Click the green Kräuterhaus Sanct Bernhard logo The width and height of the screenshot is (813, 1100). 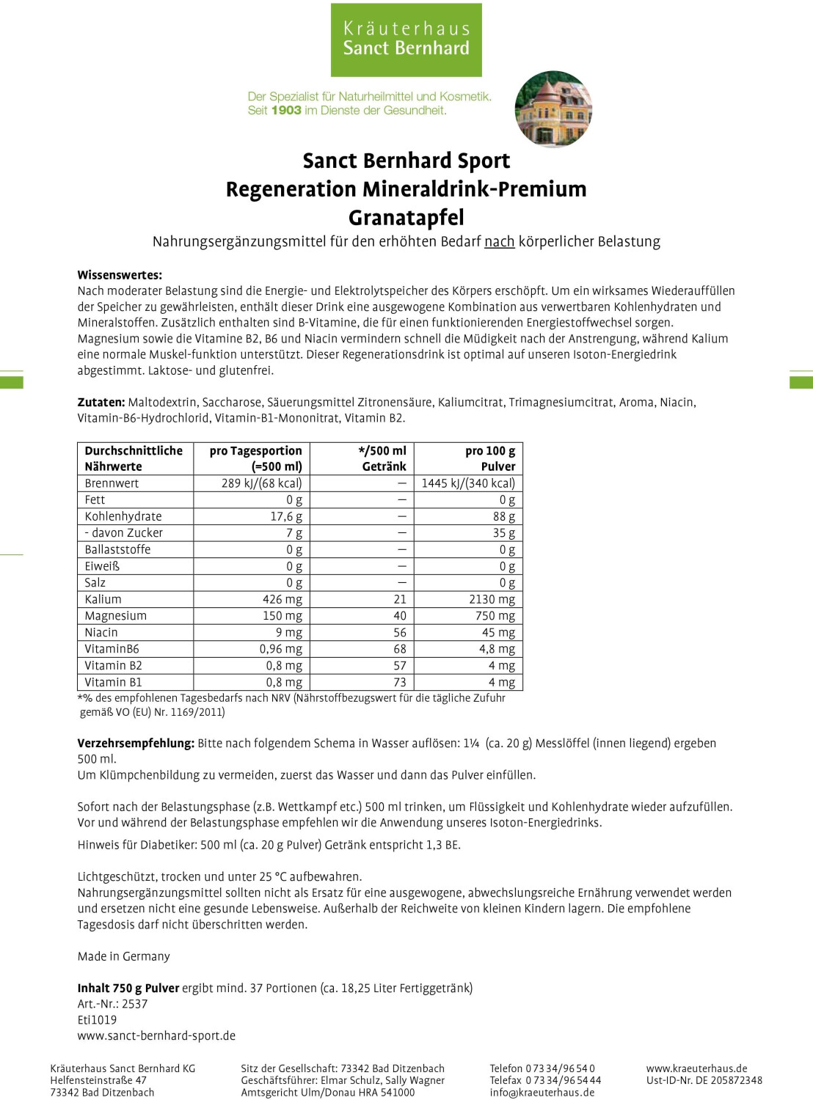pos(406,40)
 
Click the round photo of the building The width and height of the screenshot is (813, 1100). pos(553,109)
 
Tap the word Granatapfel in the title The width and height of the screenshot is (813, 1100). pos(406,218)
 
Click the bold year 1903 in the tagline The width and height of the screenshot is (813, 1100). pos(286,111)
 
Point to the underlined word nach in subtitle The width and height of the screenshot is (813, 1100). pos(499,242)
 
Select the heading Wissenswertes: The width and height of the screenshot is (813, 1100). pos(120,275)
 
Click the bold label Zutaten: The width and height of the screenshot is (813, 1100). pos(101,402)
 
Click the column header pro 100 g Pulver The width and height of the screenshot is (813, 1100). pos(489,458)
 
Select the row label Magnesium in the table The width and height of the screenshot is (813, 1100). pos(115,616)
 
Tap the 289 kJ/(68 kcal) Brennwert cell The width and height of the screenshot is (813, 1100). pos(261,483)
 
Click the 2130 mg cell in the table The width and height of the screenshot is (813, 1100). pos(492,599)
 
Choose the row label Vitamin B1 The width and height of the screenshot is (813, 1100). pos(113,682)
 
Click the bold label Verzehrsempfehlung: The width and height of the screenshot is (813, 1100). pos(136,743)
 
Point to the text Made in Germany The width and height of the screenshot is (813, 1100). pos(123,956)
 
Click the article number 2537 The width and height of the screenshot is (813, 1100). pos(134,1004)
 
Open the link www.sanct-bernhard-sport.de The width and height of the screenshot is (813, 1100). pos(156,1035)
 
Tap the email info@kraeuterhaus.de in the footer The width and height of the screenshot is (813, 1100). pos(542,1092)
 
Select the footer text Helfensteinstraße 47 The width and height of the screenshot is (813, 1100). pos(98,1080)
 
